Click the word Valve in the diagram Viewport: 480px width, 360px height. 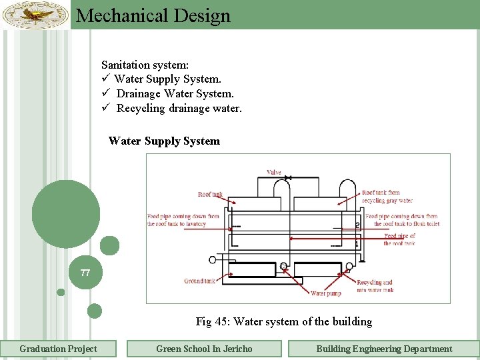coord(274,172)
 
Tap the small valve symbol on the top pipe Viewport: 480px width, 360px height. coord(287,178)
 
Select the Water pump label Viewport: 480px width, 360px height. coord(326,293)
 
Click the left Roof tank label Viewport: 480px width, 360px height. coord(210,195)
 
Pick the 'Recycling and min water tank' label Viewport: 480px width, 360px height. coord(375,286)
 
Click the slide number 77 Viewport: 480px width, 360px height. coord(85,273)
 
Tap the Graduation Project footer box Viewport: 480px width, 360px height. coord(58,349)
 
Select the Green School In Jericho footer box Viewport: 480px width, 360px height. coord(204,349)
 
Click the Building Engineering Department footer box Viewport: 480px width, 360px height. coord(383,349)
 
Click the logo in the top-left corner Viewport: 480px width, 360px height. coord(35,14)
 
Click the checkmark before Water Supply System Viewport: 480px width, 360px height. coord(105,79)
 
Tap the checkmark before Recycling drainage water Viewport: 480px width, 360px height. coord(105,108)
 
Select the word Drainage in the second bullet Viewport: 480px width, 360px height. coord(139,94)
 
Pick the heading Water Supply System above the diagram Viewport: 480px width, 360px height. coord(164,141)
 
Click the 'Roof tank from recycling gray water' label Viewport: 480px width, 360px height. coord(387,196)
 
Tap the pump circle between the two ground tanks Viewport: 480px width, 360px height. coord(284,267)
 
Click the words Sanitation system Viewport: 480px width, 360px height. coord(145,65)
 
